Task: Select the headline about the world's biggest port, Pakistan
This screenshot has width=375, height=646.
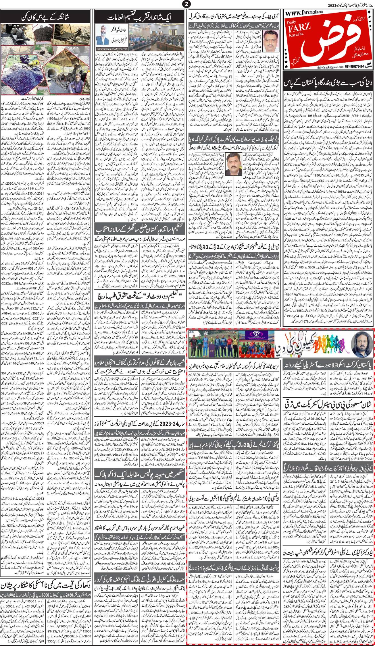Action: tap(328, 84)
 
